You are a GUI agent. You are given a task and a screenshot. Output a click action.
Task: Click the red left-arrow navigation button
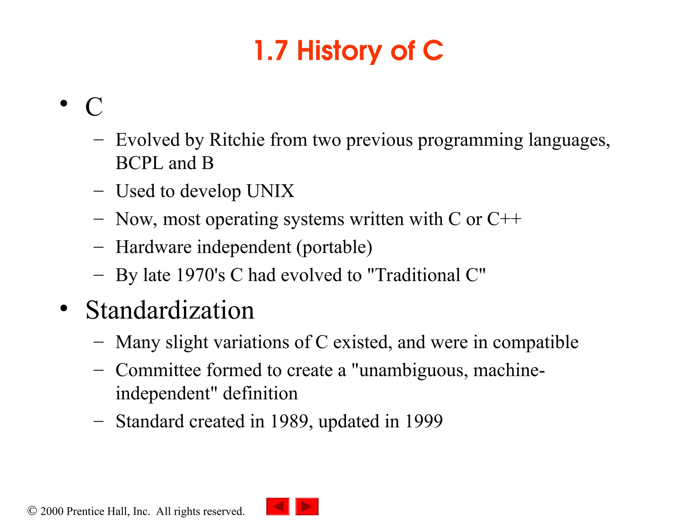278,506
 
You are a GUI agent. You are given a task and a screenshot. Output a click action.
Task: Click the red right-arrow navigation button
307,506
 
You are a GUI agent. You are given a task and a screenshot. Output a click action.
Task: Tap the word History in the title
339,51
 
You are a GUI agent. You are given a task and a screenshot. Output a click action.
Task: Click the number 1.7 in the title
271,51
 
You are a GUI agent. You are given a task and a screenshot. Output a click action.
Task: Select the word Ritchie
237,140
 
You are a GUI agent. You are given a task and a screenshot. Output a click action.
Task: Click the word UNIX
270,191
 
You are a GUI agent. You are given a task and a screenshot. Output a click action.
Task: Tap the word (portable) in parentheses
334,247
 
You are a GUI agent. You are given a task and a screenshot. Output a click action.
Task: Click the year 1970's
201,275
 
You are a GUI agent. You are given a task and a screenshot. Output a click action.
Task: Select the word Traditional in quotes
418,275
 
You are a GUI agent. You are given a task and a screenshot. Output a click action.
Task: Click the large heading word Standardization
170,310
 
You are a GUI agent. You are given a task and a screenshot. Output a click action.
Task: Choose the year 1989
289,421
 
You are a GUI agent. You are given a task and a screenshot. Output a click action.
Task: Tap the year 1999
424,421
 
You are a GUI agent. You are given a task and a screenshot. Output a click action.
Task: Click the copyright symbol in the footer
32,511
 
